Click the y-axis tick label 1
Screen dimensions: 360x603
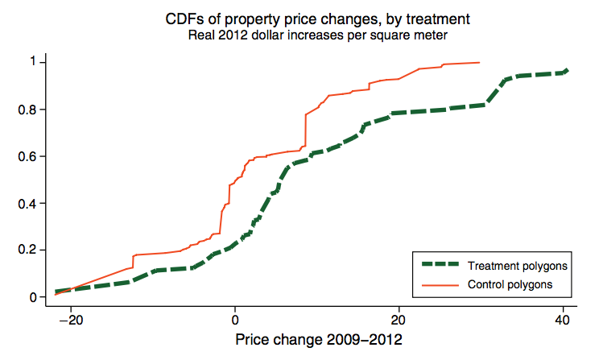31,62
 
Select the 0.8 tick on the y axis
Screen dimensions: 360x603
27,110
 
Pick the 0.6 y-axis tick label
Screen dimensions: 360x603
27,156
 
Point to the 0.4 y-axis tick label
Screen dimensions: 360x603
27,203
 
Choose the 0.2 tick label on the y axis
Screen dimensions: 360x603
27,250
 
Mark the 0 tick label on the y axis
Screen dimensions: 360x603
31,297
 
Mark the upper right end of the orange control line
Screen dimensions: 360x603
480,62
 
